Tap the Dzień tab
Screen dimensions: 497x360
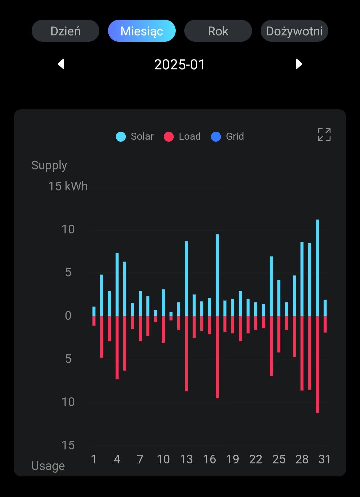[65, 31]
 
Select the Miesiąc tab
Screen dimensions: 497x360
[142, 31]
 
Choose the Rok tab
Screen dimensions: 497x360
[218, 31]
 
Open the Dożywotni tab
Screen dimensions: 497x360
[294, 31]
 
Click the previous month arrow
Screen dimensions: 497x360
[61, 64]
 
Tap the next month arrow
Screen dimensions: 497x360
[299, 64]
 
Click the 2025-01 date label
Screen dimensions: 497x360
[179, 64]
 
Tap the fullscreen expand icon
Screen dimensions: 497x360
[324, 135]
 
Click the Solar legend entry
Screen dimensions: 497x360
[135, 136]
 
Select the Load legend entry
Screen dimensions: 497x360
[182, 136]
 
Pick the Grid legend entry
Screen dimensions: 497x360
[228, 136]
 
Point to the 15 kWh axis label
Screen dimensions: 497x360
[68, 186]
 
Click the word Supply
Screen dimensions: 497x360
[49, 165]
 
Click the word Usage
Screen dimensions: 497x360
[48, 466]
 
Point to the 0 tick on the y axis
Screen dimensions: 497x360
[68, 315]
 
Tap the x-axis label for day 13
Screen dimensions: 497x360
[186, 459]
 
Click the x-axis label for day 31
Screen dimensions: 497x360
[325, 459]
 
